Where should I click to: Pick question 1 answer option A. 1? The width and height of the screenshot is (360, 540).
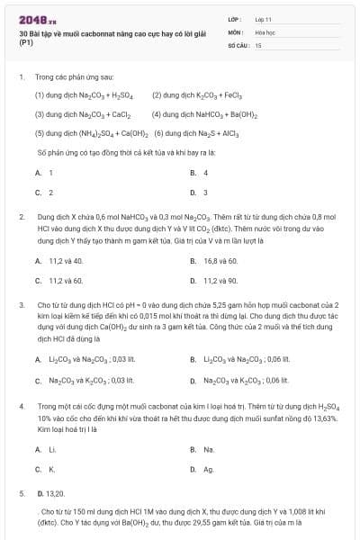tap(44, 172)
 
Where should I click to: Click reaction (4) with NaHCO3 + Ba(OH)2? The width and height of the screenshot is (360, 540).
tap(199, 114)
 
